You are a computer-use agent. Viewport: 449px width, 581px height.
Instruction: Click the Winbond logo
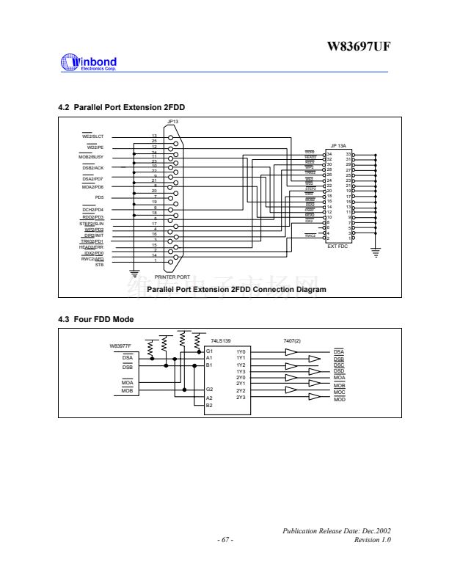click(90, 63)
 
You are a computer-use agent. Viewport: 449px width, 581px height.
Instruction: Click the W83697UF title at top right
click(359, 47)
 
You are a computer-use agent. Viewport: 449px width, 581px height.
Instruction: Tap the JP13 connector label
click(172, 123)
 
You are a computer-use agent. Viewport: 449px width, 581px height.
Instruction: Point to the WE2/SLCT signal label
click(93, 136)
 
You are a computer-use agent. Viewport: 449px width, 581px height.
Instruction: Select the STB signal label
click(100, 264)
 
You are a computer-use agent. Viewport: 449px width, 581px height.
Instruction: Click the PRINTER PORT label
click(172, 277)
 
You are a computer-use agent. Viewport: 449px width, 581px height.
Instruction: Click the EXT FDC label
click(338, 246)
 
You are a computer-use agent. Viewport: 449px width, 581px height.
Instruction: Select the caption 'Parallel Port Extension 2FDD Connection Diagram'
click(236, 290)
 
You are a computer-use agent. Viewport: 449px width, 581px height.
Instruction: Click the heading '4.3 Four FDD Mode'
click(95, 319)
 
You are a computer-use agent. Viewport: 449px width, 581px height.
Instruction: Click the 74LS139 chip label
click(222, 341)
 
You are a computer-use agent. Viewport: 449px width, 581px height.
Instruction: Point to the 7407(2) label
click(292, 341)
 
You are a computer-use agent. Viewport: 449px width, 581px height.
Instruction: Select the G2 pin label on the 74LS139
click(209, 390)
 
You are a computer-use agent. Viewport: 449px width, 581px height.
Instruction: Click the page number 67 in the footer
click(225, 541)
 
